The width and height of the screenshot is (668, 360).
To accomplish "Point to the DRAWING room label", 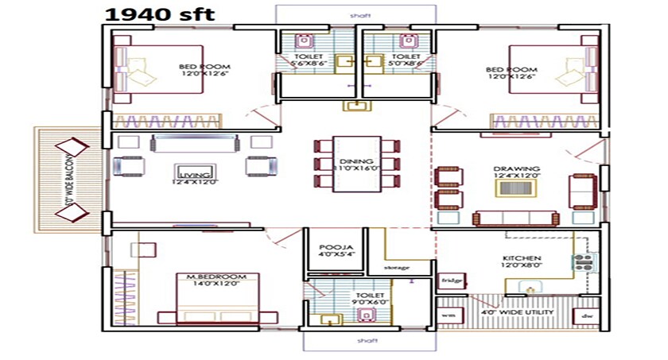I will click(x=516, y=169).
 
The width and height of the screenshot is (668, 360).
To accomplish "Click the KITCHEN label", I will click(x=522, y=259).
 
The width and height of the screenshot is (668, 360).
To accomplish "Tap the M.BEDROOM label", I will click(x=213, y=277).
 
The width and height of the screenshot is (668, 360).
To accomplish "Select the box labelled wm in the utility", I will click(x=447, y=315).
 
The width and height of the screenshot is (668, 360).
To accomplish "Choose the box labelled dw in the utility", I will click(x=588, y=315).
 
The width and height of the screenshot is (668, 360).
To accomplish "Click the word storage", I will click(x=397, y=267).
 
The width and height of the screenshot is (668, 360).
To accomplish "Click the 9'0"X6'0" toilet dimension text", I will click(x=373, y=302).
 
